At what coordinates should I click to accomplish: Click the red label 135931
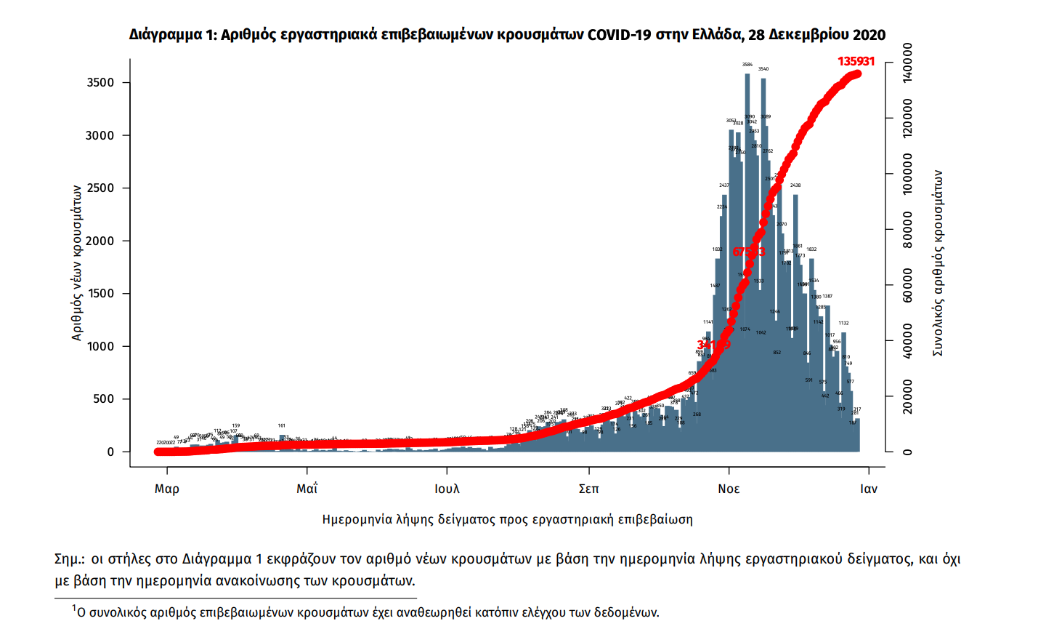[856, 61]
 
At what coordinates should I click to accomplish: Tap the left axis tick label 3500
[100, 82]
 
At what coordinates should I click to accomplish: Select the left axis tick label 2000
[100, 241]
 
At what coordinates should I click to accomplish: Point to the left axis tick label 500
[104, 398]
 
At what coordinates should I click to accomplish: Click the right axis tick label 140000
[907, 63]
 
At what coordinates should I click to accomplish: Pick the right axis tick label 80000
[907, 230]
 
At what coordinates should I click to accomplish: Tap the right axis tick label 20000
[907, 396]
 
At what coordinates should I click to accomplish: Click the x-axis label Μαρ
[167, 489]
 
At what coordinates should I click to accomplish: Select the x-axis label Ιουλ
[447, 489]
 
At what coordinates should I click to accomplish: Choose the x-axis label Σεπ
[588, 489]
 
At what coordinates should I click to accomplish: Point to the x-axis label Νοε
[729, 489]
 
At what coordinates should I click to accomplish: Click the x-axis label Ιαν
[869, 489]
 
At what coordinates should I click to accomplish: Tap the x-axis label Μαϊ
[307, 489]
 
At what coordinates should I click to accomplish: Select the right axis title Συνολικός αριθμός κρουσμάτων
[938, 263]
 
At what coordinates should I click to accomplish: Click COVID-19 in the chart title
[620, 35]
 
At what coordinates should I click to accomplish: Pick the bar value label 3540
[763, 69]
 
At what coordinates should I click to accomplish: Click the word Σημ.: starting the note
[70, 559]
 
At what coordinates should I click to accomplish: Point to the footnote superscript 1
[73, 608]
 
